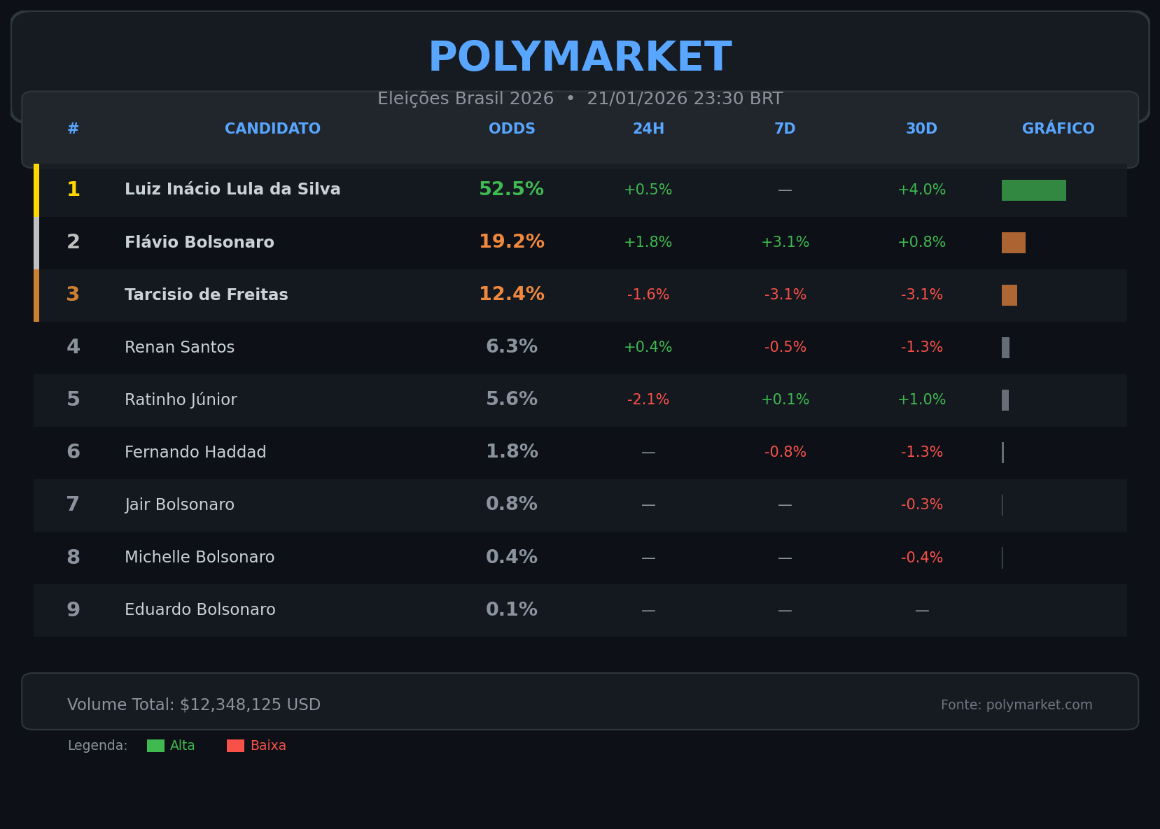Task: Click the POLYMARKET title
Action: [580, 57]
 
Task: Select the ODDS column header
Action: [512, 129]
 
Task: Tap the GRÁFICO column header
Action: [1058, 129]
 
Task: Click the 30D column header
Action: [921, 129]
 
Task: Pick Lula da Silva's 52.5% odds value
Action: [511, 190]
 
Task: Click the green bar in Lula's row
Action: [1033, 190]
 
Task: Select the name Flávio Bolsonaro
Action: [200, 243]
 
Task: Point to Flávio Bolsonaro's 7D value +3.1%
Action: [785, 243]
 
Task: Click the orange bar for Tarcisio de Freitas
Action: [1009, 295]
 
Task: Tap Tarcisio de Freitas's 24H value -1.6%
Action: [648, 295]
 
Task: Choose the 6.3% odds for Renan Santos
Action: [512, 347]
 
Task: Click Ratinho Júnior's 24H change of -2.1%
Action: [648, 400]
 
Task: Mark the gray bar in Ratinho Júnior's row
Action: [1005, 400]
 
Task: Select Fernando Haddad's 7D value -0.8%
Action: [785, 453]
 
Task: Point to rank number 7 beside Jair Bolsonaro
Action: [73, 504]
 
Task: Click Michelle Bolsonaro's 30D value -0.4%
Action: [921, 558]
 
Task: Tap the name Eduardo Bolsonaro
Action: [200, 610]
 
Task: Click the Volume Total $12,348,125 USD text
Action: [194, 705]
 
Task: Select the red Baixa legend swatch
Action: [235, 746]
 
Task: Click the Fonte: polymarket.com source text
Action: [1016, 705]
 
